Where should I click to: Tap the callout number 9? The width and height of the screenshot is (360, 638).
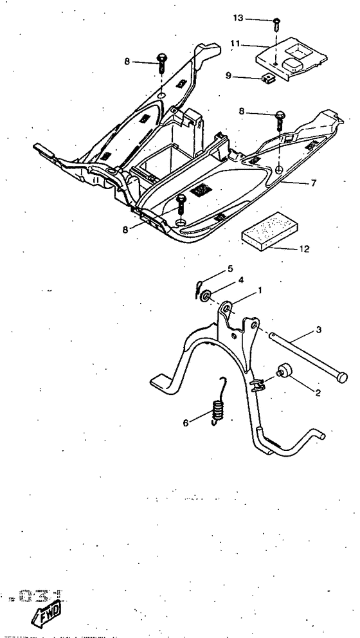point(228,75)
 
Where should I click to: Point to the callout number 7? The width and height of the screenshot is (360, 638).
point(313,183)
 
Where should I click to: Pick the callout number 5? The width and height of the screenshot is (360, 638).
point(211,268)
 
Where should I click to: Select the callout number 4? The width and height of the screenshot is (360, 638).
point(223,280)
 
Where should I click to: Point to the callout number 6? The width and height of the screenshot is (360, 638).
point(187,423)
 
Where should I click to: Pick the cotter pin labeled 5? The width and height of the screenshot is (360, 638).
point(199,287)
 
